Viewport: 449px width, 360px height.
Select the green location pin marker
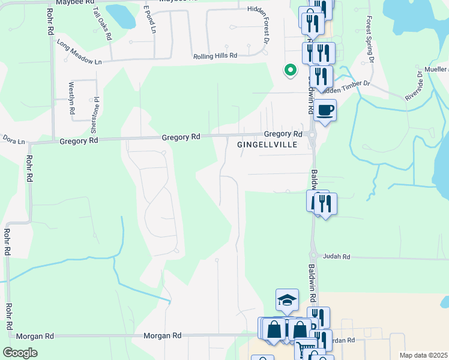coord(290,70)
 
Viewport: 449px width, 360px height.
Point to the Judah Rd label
coord(336,256)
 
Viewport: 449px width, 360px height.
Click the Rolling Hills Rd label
coord(215,56)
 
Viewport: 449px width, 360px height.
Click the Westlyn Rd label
coord(71,95)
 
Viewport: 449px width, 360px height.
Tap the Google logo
coord(20,353)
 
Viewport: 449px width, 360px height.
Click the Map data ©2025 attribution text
coord(423,355)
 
